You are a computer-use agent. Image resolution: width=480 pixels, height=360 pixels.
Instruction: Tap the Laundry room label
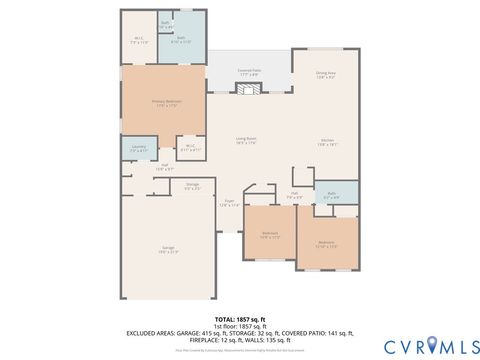click(137, 150)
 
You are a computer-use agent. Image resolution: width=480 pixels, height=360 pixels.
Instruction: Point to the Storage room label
click(191, 187)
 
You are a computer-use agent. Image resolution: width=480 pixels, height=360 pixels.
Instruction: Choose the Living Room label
click(246, 140)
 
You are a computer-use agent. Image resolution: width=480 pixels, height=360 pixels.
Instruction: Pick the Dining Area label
click(326, 73)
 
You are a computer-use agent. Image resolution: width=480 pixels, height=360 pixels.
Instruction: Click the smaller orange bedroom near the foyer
click(270, 236)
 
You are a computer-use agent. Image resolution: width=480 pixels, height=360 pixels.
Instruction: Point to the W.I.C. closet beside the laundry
click(189, 148)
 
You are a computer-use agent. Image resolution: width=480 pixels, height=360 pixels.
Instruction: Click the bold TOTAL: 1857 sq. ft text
click(239, 318)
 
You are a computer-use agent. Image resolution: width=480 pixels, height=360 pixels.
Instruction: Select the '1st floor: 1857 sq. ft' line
click(239, 326)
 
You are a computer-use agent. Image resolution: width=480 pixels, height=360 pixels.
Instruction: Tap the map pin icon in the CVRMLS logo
click(431, 345)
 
